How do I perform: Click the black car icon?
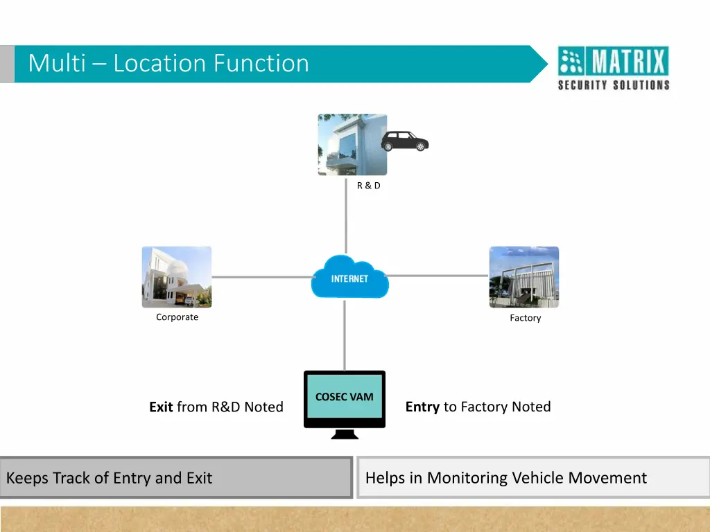[405, 141]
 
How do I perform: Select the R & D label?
[368, 186]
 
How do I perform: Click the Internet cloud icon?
[349, 278]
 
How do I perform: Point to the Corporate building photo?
[177, 276]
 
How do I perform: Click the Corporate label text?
[177, 317]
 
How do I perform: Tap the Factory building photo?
[523, 276]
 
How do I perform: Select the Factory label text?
[525, 318]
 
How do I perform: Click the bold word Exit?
[161, 407]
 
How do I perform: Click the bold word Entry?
[422, 407]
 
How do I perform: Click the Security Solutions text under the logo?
[614, 85]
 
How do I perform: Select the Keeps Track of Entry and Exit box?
[176, 477]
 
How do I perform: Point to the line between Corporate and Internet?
[261, 276]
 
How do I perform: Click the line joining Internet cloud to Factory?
[438, 275]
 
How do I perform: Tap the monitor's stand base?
[345, 436]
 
